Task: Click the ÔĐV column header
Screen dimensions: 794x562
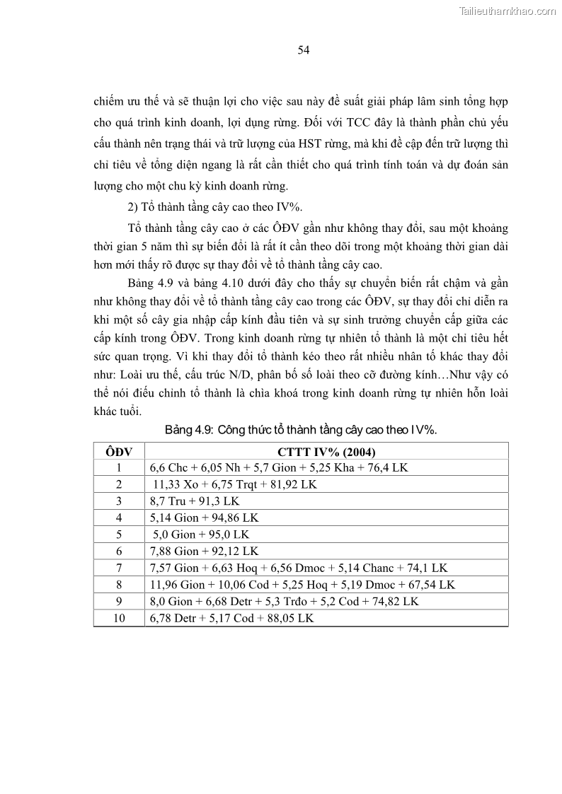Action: [x=119, y=452]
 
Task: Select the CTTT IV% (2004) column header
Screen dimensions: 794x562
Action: [x=326, y=452]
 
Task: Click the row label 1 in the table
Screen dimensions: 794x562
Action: [x=119, y=467]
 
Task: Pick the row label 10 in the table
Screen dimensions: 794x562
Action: [x=119, y=618]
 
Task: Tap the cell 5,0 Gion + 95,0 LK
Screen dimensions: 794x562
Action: [x=201, y=535]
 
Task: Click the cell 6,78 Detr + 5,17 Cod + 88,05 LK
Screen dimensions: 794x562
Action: [x=231, y=618]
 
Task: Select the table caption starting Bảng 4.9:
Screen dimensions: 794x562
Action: [x=304, y=429]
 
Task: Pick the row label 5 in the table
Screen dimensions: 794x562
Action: [x=119, y=535]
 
